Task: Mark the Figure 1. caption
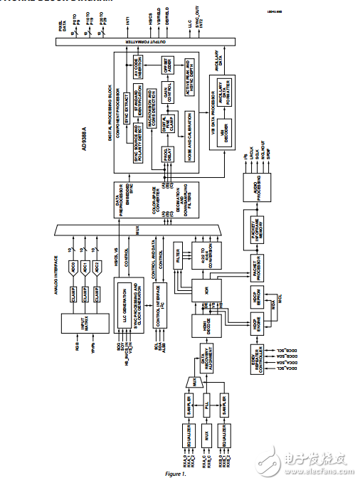coord(176,474)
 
